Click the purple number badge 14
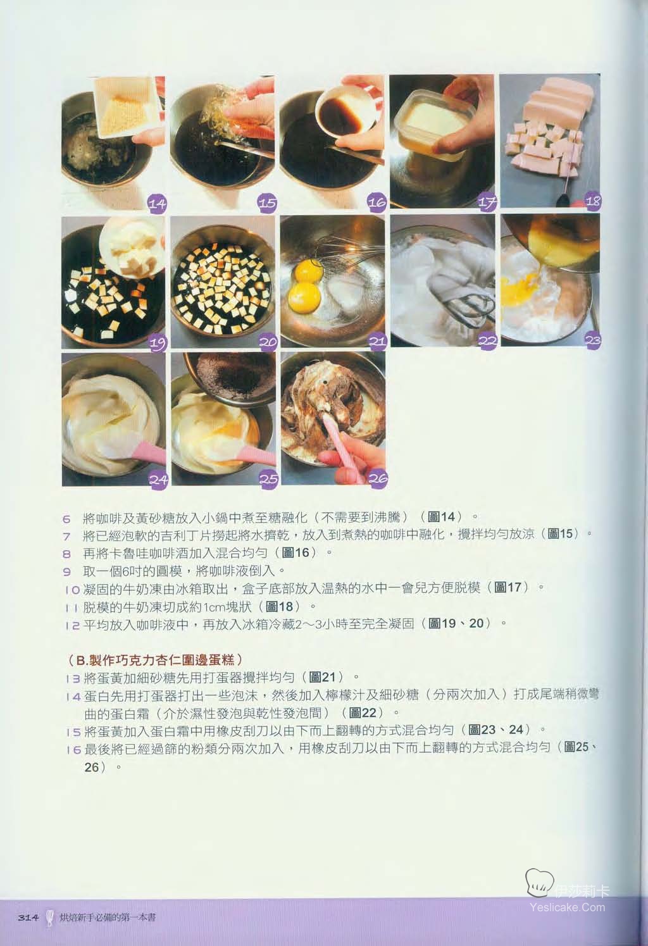[157, 204]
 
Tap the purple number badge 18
[592, 201]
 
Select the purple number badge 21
[377, 341]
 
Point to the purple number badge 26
[378, 478]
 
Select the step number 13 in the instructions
[73, 679]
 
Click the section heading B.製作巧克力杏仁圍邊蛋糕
[154, 659]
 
